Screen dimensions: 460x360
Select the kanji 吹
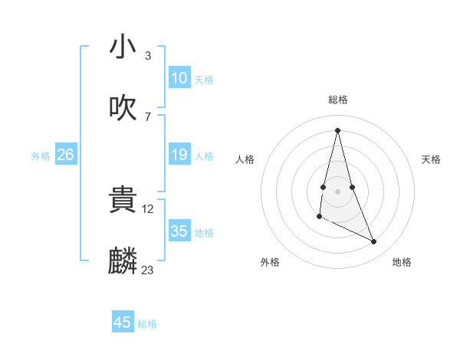[x=123, y=108]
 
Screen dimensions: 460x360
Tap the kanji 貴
[x=123, y=201]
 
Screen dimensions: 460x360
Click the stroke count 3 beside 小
[x=148, y=55]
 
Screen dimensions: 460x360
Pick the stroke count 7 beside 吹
[x=148, y=116]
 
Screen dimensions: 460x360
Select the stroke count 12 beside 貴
[x=149, y=208]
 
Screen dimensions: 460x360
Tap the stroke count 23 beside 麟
[x=148, y=270]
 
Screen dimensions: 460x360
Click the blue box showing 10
[x=179, y=78]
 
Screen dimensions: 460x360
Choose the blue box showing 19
[x=179, y=155]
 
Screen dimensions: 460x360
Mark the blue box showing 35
[x=179, y=231]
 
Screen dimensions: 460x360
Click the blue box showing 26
[x=66, y=155]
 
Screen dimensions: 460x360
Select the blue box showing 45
[x=123, y=322]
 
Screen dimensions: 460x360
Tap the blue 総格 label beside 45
[x=147, y=324]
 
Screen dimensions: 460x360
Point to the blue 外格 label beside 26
[x=41, y=156]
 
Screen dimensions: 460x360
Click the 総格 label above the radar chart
[x=338, y=100]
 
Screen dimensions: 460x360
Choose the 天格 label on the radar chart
[x=432, y=159]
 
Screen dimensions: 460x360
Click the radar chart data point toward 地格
[x=374, y=242]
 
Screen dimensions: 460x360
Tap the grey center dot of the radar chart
[x=338, y=191]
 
